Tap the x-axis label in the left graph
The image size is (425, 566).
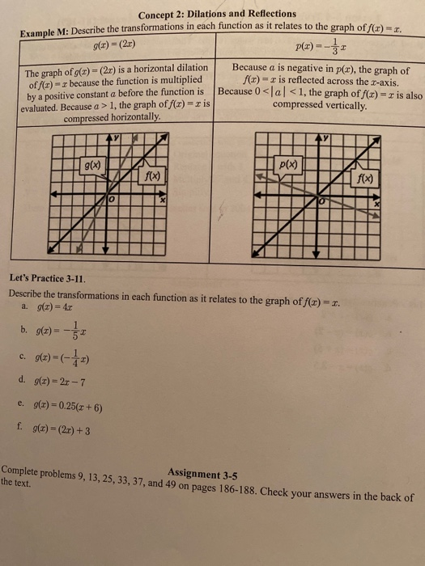162,199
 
